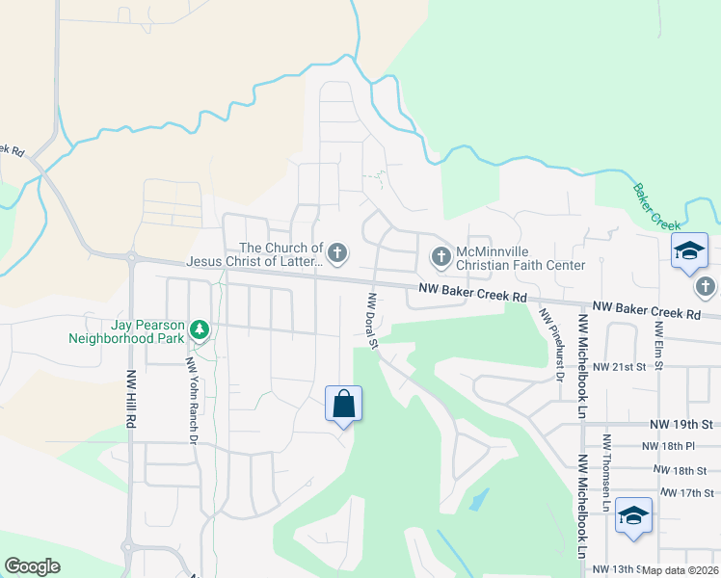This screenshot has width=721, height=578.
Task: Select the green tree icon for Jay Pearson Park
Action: tap(200, 330)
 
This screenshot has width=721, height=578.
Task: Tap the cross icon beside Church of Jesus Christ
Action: tap(336, 253)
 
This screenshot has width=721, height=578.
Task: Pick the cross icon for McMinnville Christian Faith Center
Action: tap(440, 257)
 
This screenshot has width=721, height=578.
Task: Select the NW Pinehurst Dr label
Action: tap(550, 344)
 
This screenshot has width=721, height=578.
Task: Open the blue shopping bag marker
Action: tap(344, 404)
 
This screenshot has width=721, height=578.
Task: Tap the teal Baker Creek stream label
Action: tap(658, 205)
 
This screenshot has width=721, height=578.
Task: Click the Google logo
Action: tap(32, 566)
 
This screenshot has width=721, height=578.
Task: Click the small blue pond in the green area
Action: tap(478, 499)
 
